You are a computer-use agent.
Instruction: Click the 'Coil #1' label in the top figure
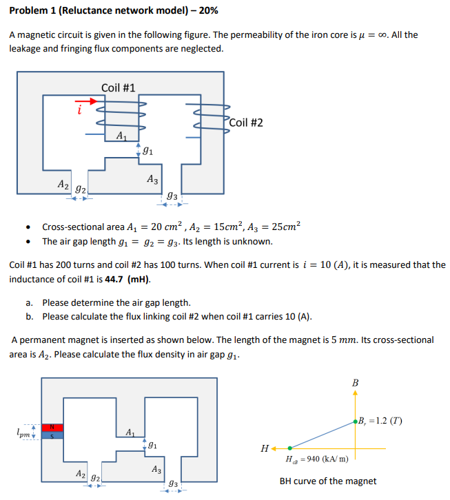point(118,87)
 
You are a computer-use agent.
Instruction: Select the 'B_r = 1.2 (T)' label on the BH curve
point(380,421)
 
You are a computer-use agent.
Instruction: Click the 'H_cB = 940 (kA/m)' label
point(316,459)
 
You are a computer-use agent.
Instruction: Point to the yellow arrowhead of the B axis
point(356,393)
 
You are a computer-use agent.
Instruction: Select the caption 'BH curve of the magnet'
point(328,481)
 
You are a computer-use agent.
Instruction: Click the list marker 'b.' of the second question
point(30,316)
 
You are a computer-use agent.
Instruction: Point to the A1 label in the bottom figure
point(130,432)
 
